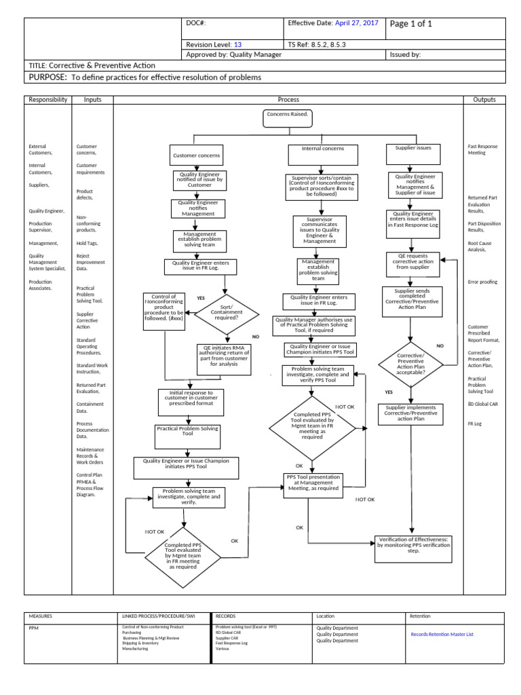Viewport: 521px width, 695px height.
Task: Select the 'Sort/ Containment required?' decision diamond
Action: coord(227,312)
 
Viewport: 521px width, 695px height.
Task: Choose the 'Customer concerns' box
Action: coord(196,155)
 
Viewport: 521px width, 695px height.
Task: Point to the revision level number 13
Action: coord(238,44)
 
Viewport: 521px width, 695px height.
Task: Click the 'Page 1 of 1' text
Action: coord(410,24)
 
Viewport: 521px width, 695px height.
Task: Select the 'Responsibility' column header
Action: coord(47,100)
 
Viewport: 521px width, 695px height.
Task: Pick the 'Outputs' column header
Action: coord(484,100)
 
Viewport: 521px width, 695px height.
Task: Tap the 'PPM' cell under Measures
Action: coord(34,628)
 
